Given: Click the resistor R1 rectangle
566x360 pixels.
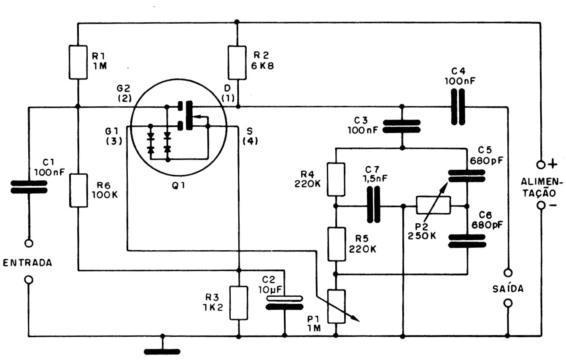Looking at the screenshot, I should tap(79, 62).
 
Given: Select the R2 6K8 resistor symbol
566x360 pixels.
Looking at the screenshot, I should tap(237, 62).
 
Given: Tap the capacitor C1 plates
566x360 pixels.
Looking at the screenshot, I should tap(29, 187).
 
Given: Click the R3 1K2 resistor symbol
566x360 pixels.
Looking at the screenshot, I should tap(239, 303).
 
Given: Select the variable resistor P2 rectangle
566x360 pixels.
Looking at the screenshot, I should tap(434, 206).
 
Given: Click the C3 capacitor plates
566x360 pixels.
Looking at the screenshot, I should tap(402, 127).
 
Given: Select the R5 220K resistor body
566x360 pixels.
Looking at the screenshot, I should tap(336, 244).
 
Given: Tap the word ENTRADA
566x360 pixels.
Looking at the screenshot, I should tap(27, 263).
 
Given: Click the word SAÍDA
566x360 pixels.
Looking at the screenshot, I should tap(508, 289).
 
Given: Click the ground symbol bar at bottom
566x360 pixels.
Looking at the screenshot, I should tap(162, 351).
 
